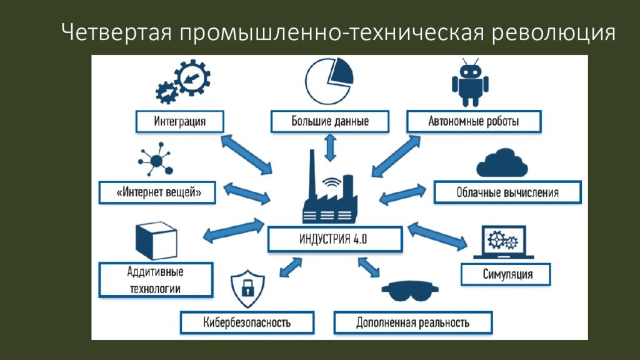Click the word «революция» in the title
pos(554,32)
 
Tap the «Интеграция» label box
pos(179,121)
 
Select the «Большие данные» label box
pos(330,121)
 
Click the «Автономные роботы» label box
pos(474,121)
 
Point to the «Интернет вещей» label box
pos(157,192)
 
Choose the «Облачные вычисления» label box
pos(507,192)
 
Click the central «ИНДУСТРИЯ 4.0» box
pos(335,239)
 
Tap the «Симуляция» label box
pos(506,274)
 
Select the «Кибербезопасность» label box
pos(247,322)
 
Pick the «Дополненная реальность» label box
pos(413,322)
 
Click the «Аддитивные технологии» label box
pos(156,279)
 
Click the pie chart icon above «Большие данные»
pos(329,81)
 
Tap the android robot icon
pos(470,83)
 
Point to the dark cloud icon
pos(502,163)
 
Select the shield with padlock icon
pos(247,289)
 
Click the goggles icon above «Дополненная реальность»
pos(410,290)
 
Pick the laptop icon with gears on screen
pos(504,242)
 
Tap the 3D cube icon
pos(156,241)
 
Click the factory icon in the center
pos(330,187)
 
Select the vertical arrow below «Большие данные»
pos(330,147)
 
